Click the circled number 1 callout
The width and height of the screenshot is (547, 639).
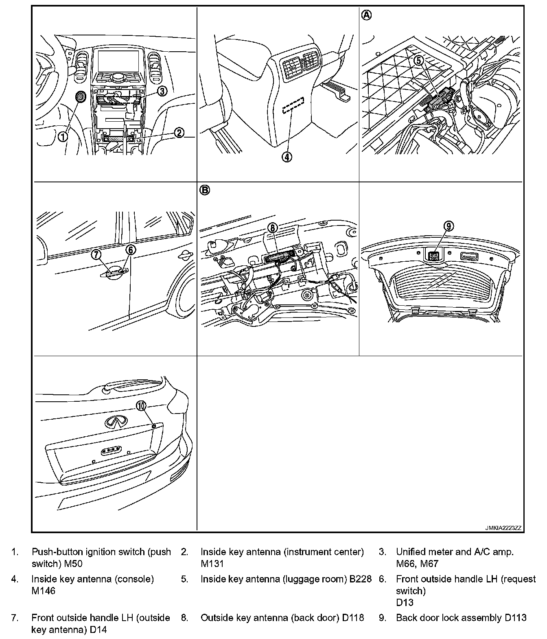coord(63,137)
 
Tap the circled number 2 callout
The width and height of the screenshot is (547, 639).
coord(179,132)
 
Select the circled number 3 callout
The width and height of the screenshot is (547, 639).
coord(162,91)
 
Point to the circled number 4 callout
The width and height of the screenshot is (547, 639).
coord(287,157)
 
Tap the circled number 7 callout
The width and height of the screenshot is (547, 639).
coord(96,255)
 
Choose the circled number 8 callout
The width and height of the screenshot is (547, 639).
coord(272,228)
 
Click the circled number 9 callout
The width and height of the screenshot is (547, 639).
coord(448,226)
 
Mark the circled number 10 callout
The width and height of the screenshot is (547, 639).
coord(141,406)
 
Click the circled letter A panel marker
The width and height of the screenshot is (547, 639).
coord(367,15)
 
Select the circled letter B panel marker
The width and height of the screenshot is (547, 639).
coord(205,190)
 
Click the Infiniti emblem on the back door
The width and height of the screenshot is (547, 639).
coord(116,422)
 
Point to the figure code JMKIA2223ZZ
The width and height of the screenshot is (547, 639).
coord(503,528)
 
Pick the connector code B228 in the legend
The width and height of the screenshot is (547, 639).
coord(361,579)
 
